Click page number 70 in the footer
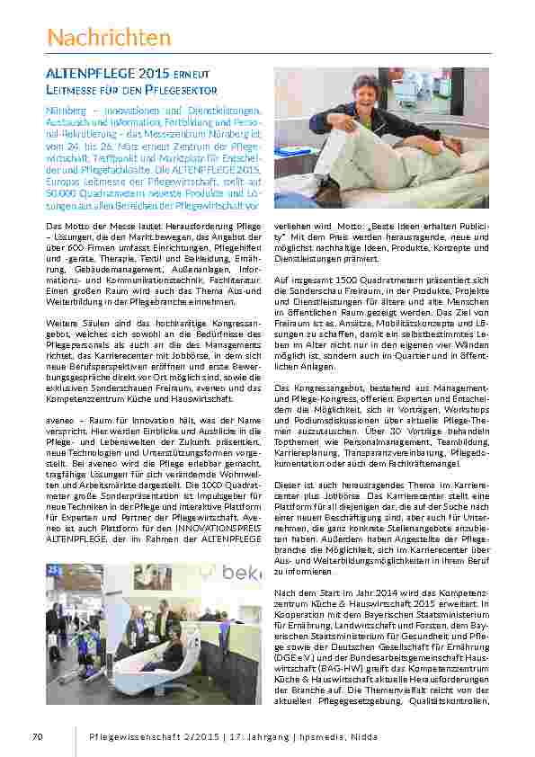click(37, 737)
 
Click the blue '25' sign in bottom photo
click(53, 569)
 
